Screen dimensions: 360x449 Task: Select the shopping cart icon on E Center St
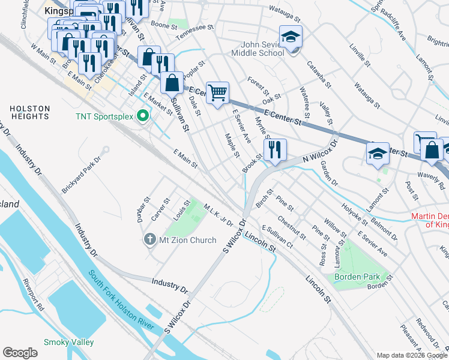point(218,92)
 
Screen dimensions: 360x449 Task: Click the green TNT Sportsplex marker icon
point(142,115)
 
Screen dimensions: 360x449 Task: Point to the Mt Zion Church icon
point(149,241)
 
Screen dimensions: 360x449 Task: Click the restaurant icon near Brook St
point(276,150)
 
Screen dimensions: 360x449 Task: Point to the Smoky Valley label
point(68,342)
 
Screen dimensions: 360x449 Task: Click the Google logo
point(20,352)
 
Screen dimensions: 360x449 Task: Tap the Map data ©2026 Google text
point(411,355)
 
